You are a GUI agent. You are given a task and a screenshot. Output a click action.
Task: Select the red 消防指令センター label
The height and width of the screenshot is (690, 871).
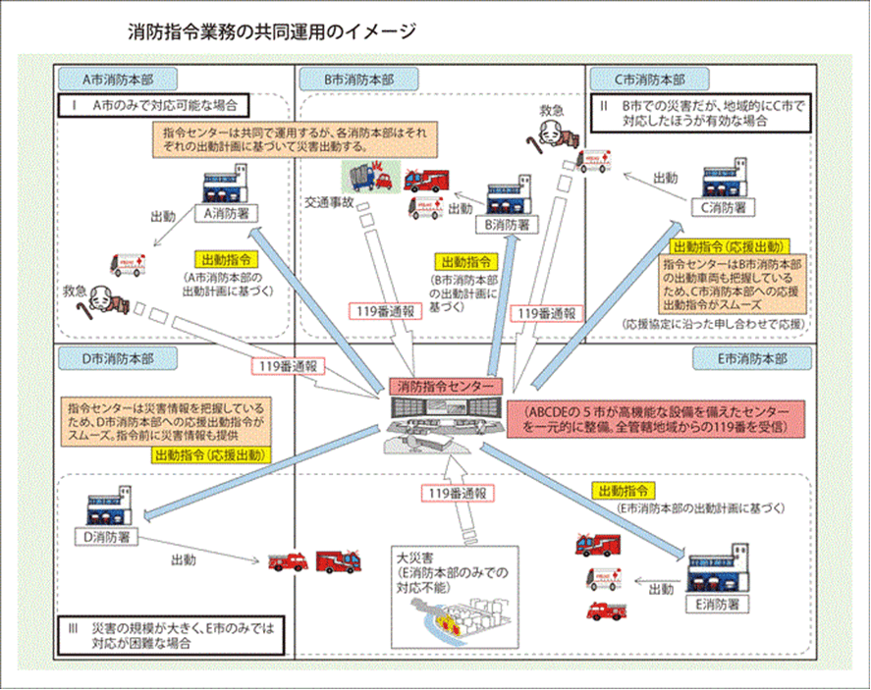[440, 387]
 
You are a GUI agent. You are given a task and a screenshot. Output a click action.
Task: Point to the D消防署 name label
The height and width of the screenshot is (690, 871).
[109, 537]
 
